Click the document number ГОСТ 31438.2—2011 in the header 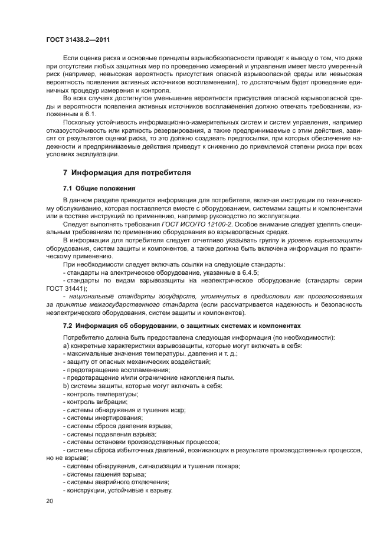coord(78,40)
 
